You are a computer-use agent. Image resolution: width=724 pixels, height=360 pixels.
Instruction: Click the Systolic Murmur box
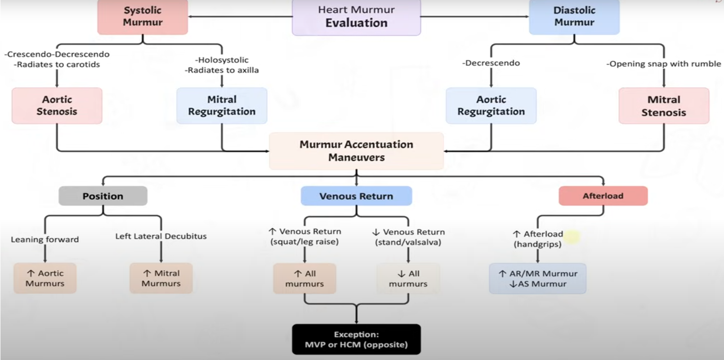coord(143,17)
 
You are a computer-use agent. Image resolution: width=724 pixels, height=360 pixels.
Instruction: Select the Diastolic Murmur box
coord(574,17)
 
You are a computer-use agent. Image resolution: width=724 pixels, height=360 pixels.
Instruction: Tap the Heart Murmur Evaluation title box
coord(356,17)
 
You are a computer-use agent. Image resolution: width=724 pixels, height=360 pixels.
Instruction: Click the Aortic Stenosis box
coord(57,106)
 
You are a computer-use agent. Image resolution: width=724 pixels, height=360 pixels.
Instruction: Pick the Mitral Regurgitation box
coord(222,106)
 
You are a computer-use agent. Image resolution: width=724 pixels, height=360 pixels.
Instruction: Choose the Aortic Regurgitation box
coord(491,106)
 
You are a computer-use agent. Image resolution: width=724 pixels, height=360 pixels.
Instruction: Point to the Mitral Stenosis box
coord(664,106)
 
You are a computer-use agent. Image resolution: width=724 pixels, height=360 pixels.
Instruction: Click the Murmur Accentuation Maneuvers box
coord(356,151)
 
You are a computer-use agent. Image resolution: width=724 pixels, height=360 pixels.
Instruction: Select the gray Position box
coord(103,196)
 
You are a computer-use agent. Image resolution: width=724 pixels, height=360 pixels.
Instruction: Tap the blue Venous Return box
coord(356,196)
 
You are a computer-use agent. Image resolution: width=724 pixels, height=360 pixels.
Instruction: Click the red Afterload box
coord(603,196)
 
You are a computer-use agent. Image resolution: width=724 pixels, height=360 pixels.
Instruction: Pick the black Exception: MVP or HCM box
coord(356,339)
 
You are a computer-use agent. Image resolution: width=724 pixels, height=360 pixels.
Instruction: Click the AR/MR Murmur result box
coord(538,279)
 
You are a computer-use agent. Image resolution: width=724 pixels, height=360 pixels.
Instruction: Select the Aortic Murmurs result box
coord(45,278)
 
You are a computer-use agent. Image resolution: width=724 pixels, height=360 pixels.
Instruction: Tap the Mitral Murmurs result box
coord(161,278)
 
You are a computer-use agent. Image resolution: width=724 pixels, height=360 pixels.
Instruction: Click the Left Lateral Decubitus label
coord(161,236)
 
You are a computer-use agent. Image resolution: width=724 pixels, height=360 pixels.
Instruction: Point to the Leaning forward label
coord(45,239)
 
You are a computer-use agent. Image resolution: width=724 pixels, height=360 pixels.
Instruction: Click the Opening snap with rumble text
coord(664,64)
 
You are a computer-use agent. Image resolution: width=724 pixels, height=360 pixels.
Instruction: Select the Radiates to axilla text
coord(222,70)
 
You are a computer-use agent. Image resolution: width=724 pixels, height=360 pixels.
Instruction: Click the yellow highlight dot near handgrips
coord(572,236)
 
